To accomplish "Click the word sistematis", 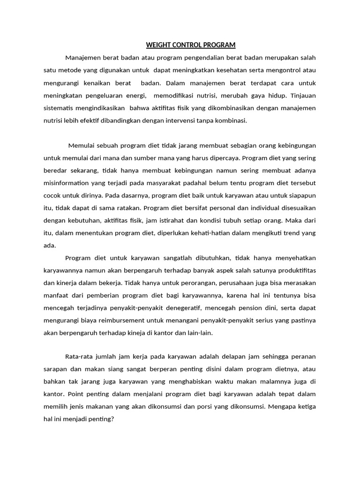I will [x=60, y=108].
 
